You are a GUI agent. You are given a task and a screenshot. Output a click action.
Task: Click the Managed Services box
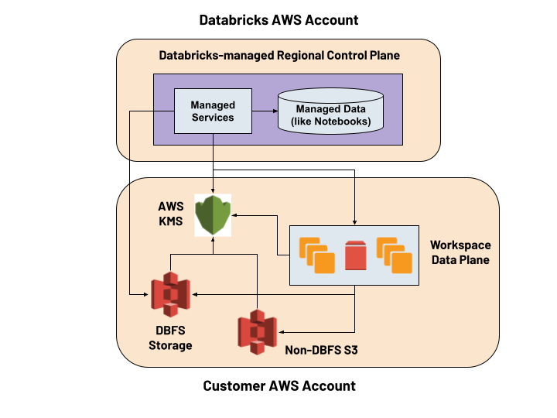[x=213, y=111]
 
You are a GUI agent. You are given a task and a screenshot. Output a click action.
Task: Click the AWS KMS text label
[x=171, y=214]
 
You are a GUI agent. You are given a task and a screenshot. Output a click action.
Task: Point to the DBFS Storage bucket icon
[x=170, y=295]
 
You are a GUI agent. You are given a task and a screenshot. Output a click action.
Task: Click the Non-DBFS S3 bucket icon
[x=258, y=332]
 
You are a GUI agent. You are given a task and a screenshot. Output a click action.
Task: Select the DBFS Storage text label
[x=170, y=338]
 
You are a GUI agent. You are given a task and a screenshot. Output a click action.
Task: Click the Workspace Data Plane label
[x=459, y=252]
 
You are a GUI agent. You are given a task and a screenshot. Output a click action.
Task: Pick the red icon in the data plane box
[x=355, y=256]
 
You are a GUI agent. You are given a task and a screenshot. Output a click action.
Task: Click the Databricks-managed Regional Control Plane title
[x=279, y=56]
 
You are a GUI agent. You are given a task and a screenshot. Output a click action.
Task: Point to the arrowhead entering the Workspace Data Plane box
[x=354, y=221]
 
